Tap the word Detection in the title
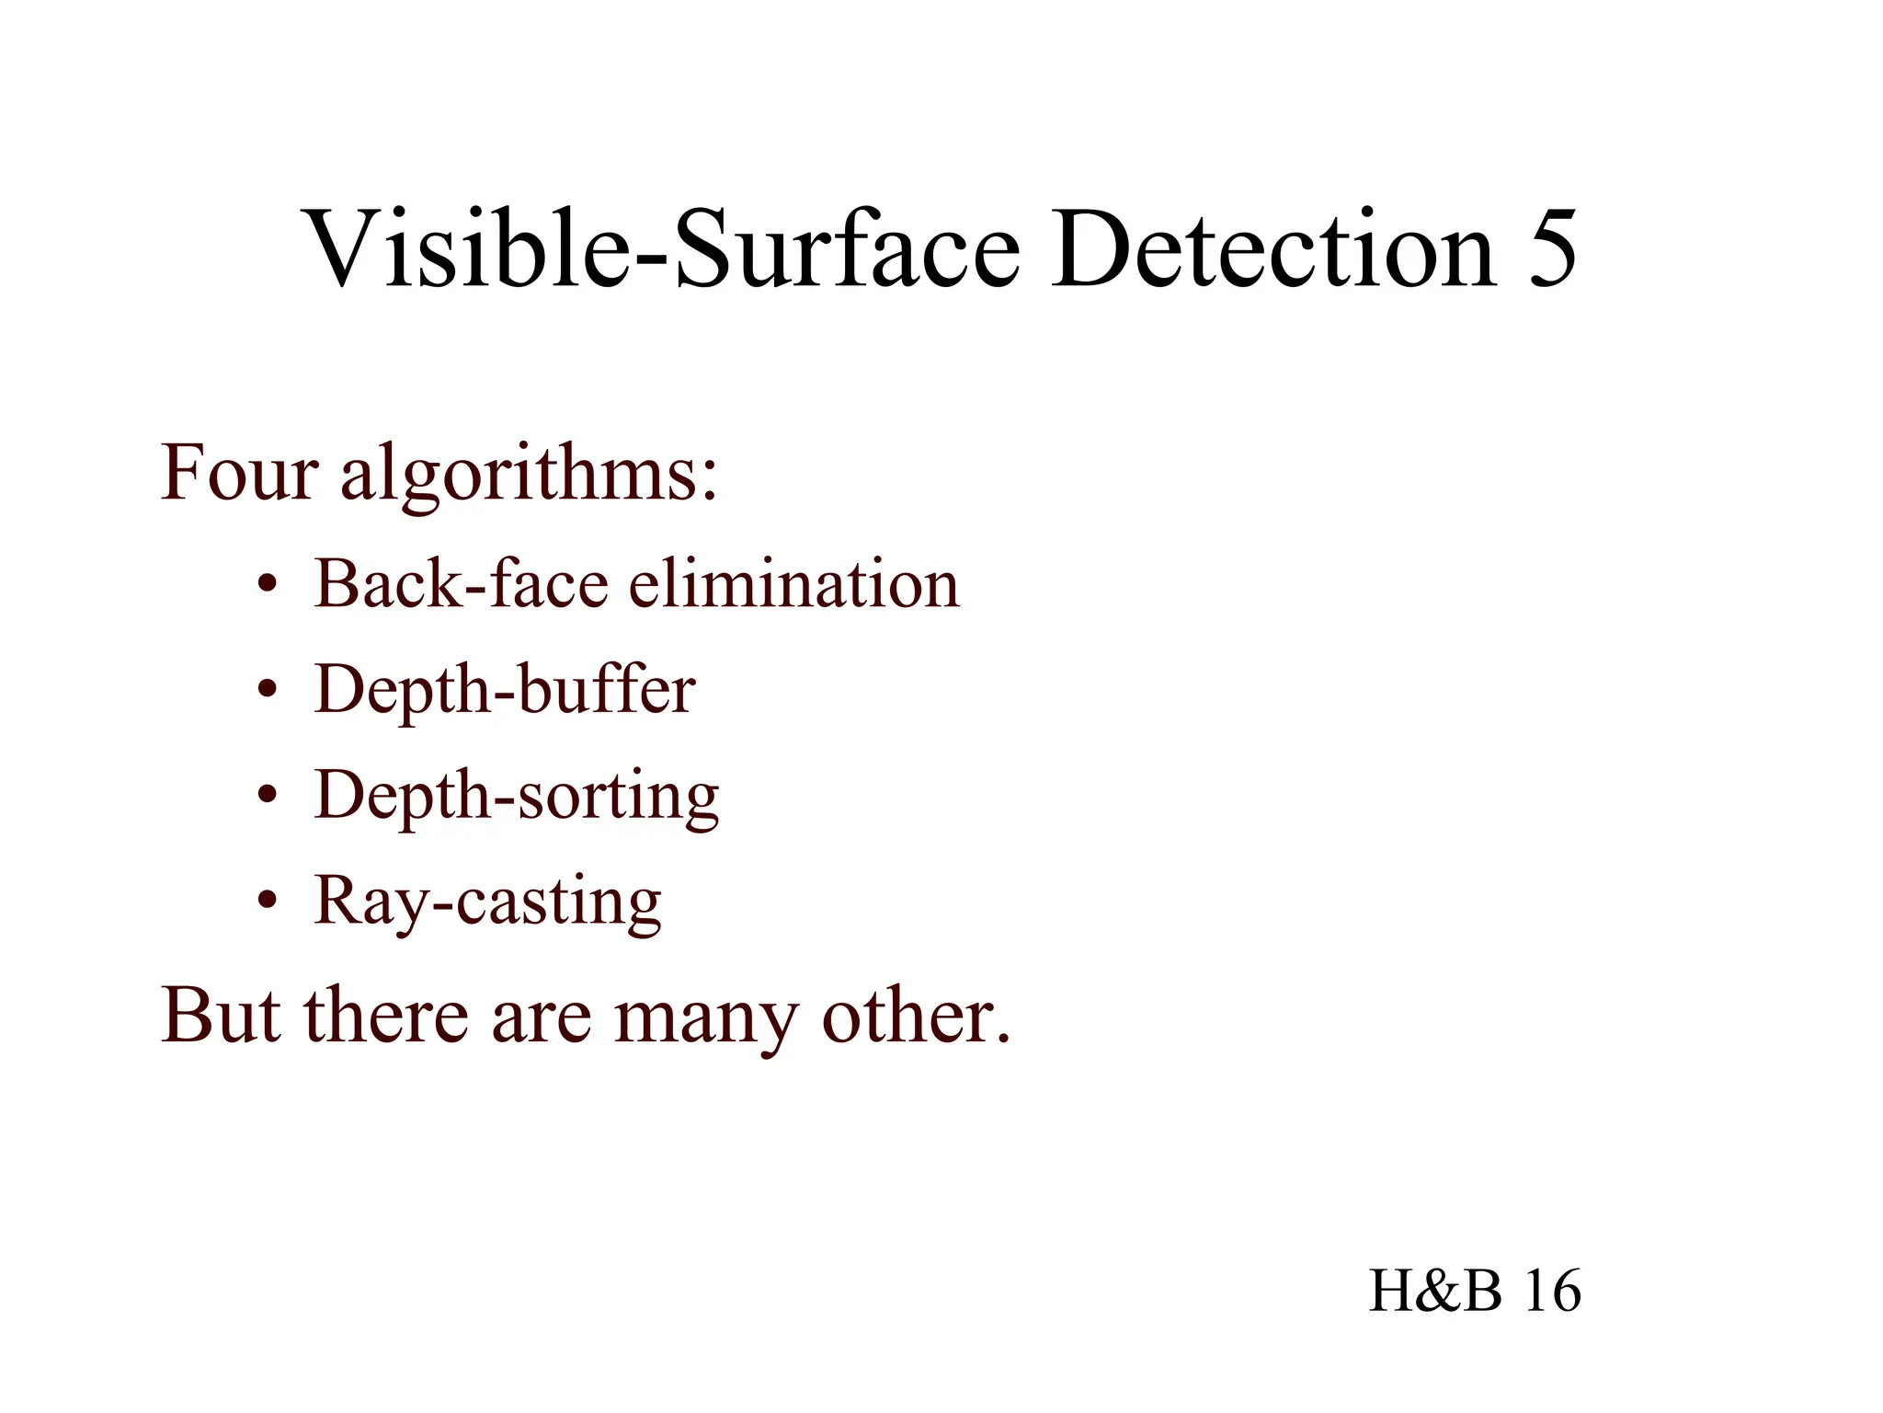1273,248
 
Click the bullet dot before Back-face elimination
267,586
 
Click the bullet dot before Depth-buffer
267,691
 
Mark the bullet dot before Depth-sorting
267,797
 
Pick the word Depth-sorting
517,797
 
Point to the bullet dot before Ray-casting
267,902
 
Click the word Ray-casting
487,902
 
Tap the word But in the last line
221,1016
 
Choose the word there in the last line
387,1016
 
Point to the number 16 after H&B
1552,1290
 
